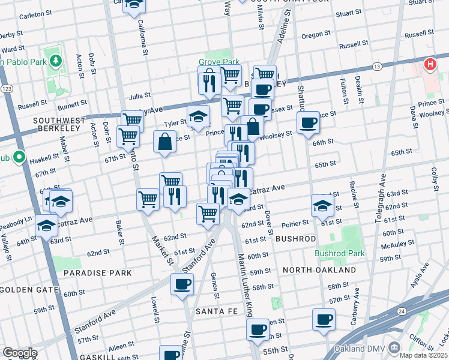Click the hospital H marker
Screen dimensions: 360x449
tap(430, 64)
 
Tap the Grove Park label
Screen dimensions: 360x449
tap(219, 62)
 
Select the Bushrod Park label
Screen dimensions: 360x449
tap(340, 253)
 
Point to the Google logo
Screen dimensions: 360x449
tap(19, 352)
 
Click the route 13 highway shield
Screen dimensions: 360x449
tap(377, 65)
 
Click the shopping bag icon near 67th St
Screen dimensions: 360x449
tap(164, 142)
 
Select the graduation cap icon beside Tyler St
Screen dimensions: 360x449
tap(198, 116)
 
